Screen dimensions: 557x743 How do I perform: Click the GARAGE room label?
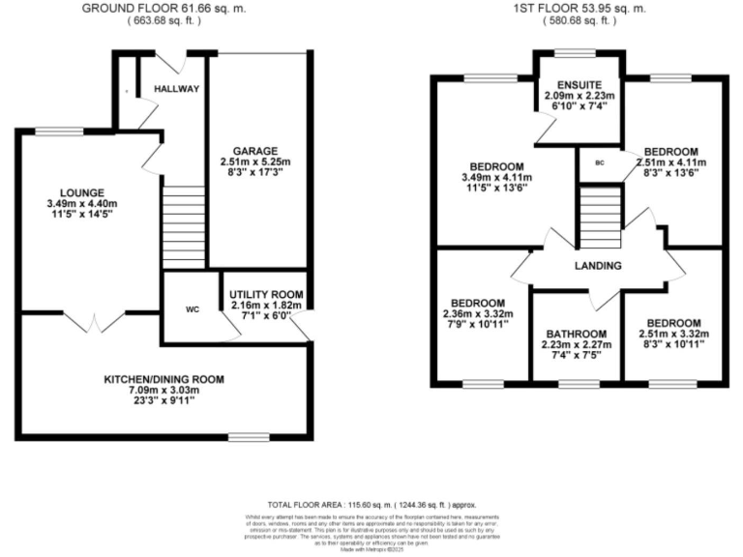point(254,150)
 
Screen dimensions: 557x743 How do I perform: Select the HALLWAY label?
point(176,89)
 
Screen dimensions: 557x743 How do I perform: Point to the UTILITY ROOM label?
point(266,294)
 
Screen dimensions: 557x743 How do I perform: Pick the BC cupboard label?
point(600,162)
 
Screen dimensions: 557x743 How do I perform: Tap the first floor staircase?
point(598,217)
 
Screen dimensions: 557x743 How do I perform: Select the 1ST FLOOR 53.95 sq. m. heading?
point(581,8)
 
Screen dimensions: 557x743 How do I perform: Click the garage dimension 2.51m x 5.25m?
point(254,161)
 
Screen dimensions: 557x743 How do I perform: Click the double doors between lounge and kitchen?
point(94,319)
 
